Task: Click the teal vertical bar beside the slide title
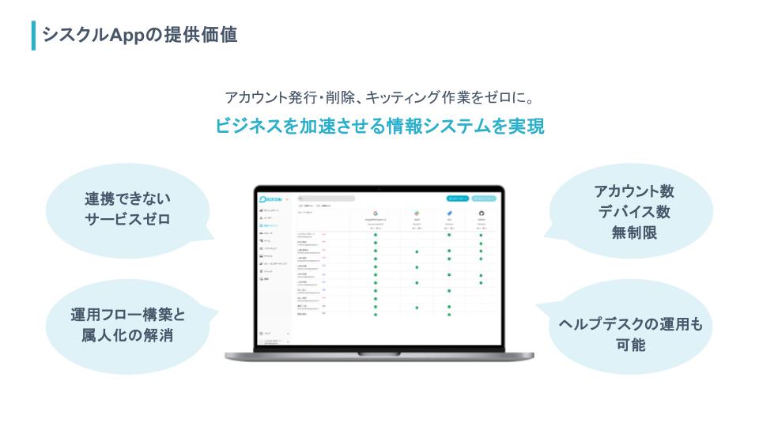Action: (33, 36)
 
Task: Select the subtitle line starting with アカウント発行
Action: (379, 98)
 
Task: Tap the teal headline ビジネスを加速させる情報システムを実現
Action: (379, 127)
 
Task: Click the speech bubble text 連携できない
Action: (127, 198)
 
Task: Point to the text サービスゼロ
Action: (127, 220)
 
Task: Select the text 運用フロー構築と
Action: (127, 315)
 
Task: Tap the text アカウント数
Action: (634, 191)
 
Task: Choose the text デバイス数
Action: (634, 212)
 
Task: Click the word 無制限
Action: (634, 233)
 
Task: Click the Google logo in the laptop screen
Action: (375, 213)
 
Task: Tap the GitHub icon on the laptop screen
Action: (481, 213)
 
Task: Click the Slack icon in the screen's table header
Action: (417, 213)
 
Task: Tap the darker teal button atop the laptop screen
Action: (457, 198)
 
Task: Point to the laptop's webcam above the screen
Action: (379, 188)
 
